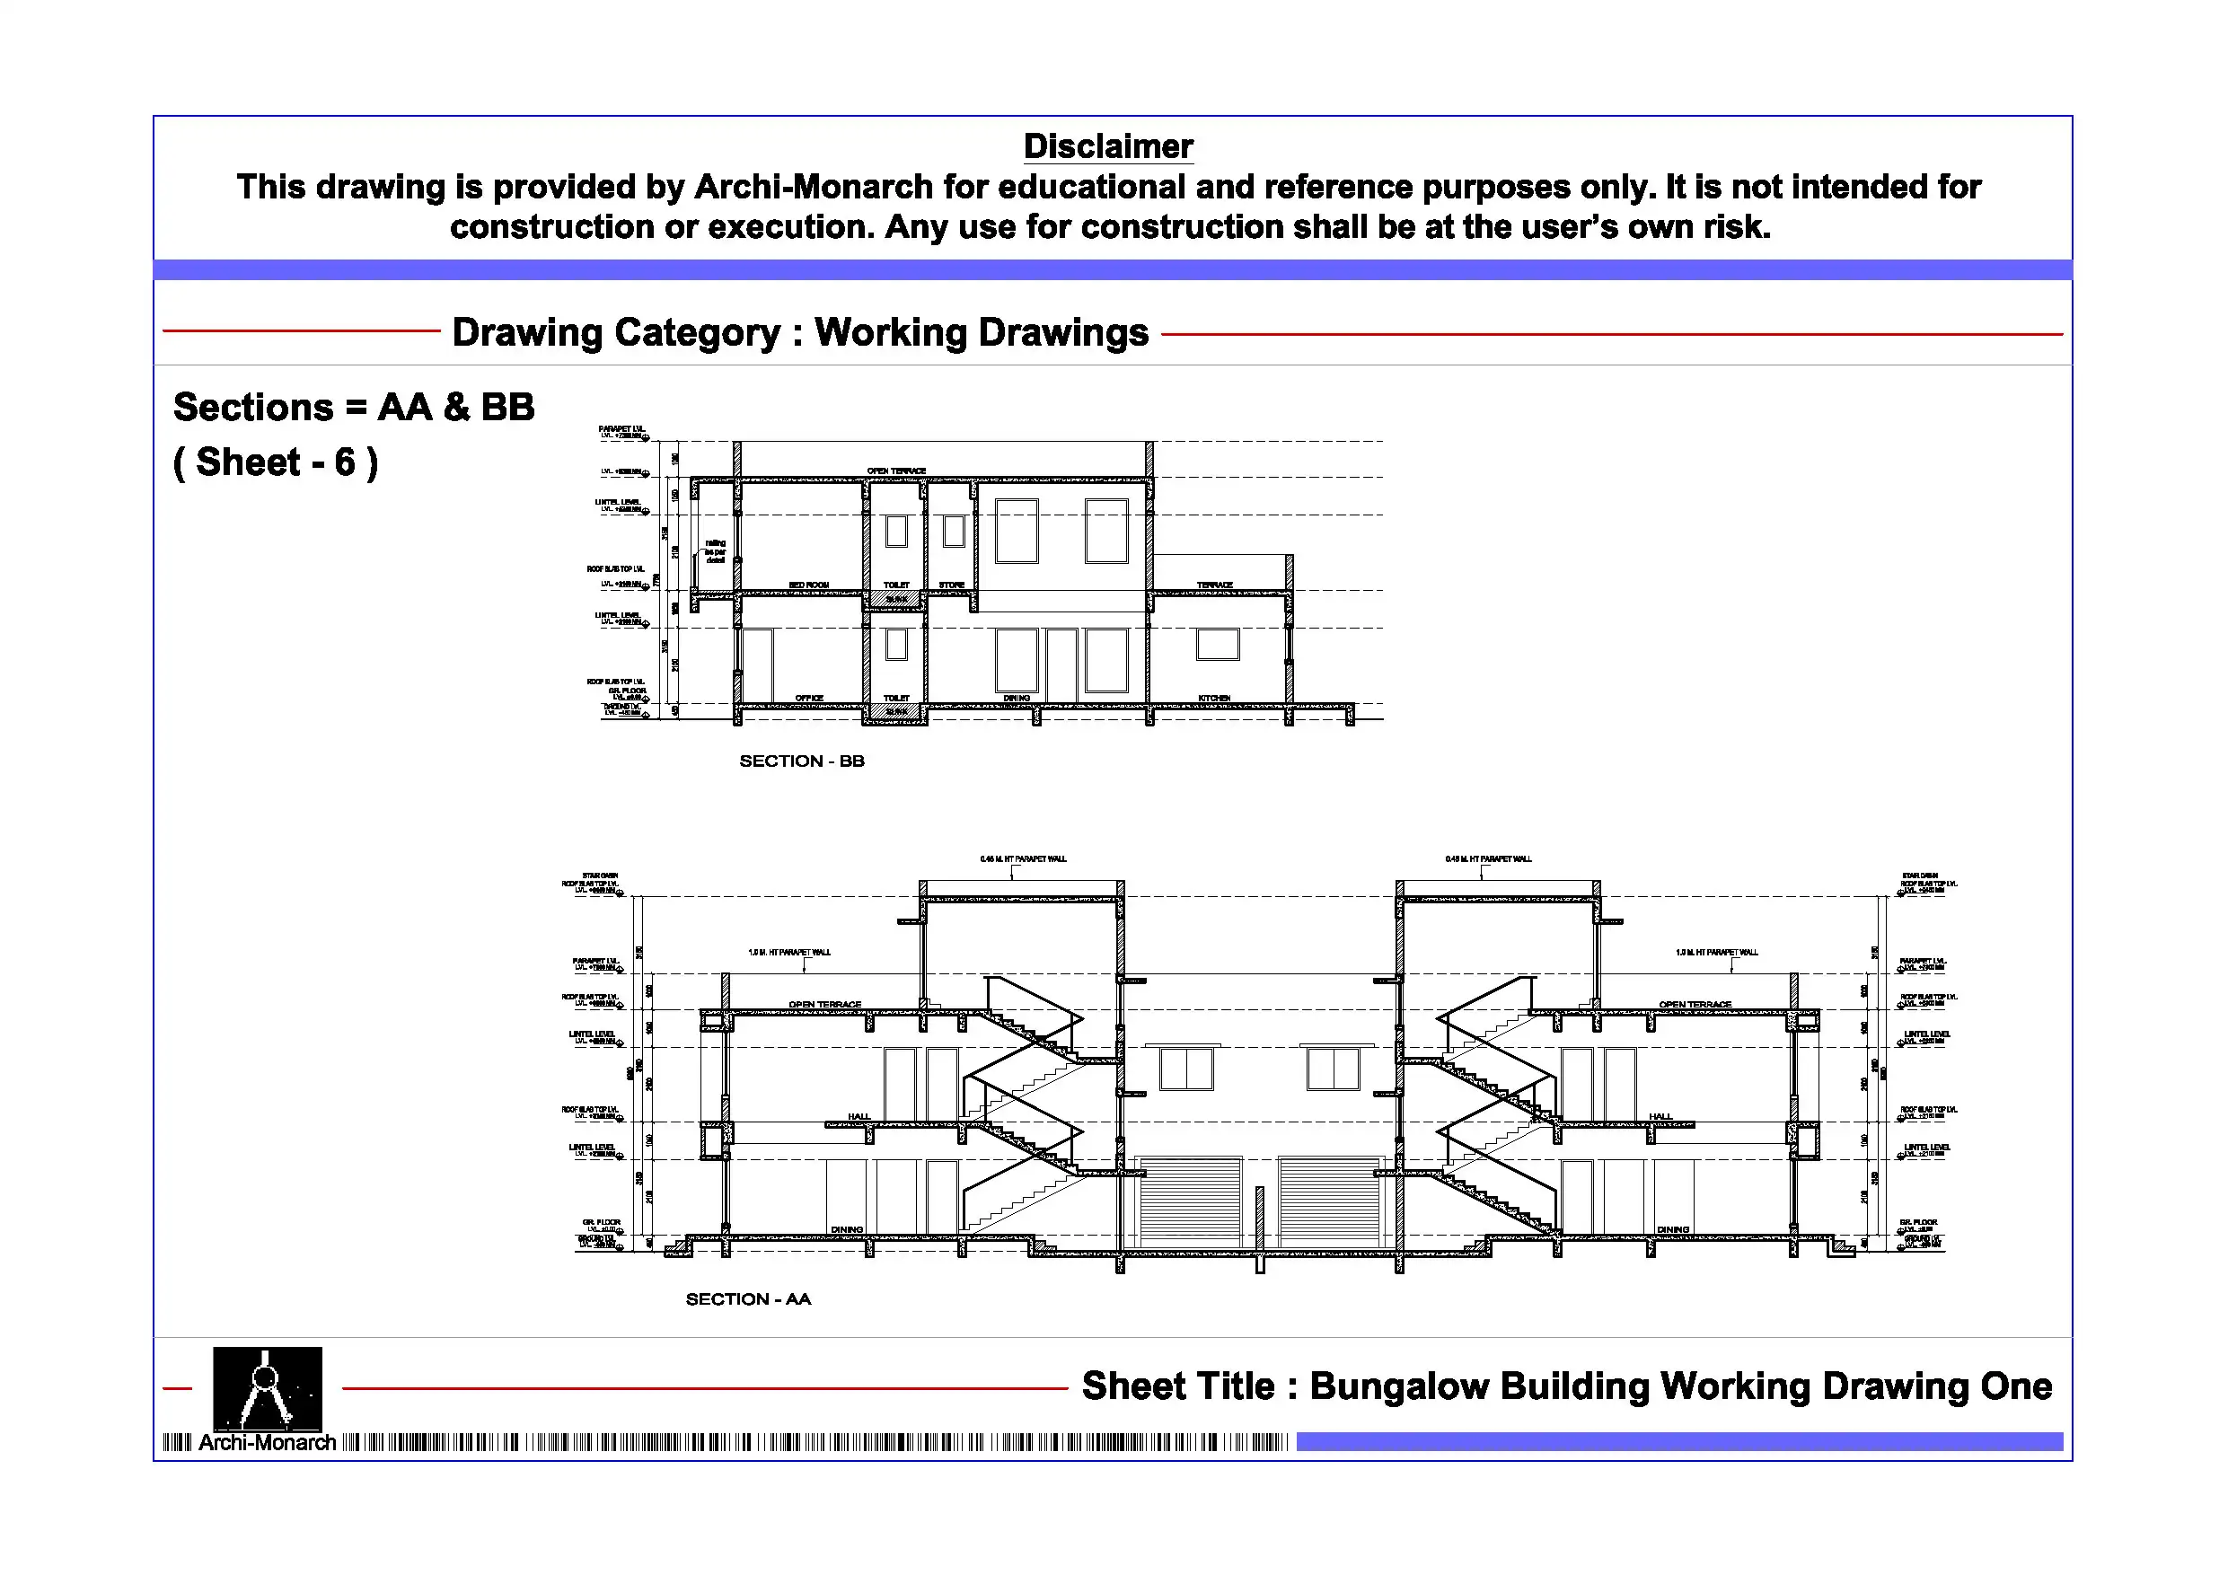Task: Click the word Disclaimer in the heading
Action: (1107, 146)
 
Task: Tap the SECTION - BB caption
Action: (802, 761)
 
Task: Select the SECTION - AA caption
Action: (748, 1298)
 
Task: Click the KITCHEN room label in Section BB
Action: (1214, 698)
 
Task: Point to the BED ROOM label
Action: (808, 585)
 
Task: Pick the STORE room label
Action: (951, 585)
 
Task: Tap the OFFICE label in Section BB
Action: (808, 698)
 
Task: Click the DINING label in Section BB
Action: (1016, 698)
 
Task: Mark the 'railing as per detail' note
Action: (715, 551)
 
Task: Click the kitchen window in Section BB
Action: (1217, 645)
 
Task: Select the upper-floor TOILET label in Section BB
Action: (895, 585)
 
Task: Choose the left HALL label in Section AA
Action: (859, 1116)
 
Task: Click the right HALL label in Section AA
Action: (1660, 1116)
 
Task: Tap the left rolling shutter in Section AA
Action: (1190, 1201)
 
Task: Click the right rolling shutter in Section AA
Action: (1329, 1201)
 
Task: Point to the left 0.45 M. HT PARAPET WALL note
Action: (1023, 858)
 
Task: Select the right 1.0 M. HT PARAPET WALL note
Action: (1715, 952)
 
